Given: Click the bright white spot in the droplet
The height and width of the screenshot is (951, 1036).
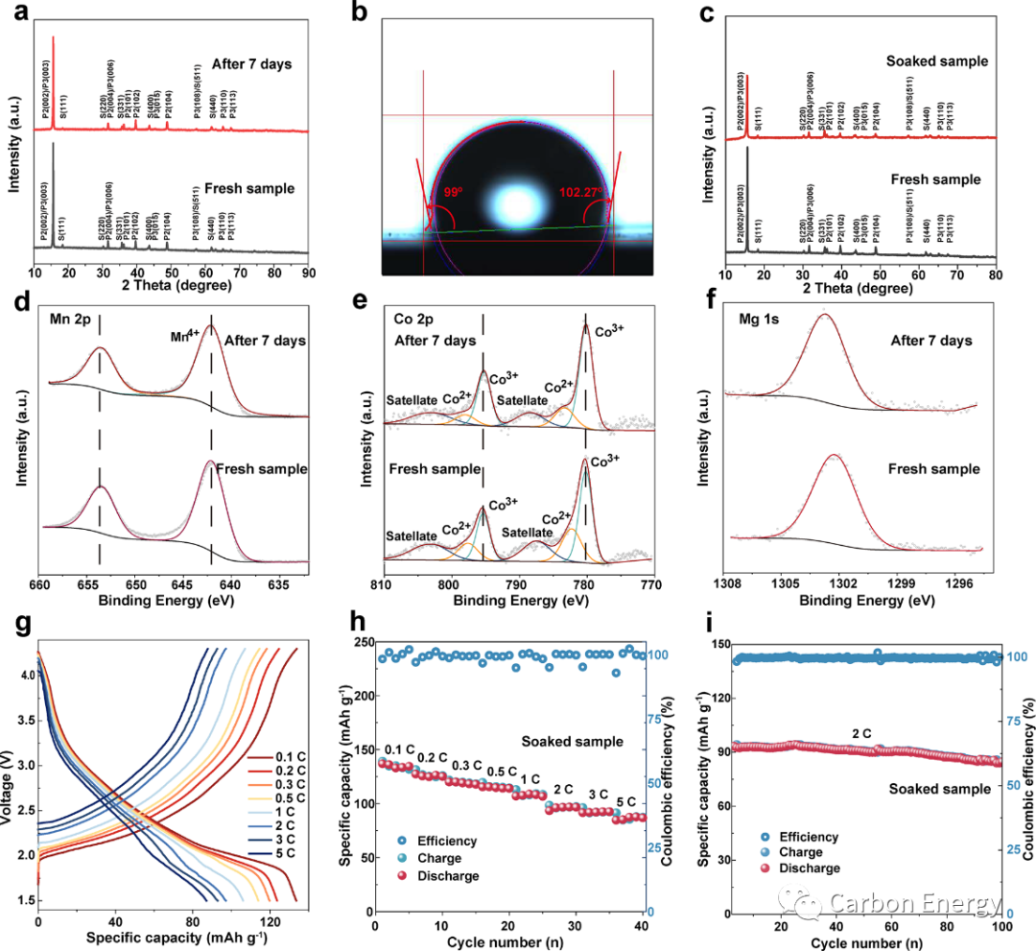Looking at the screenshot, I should (x=519, y=203).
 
